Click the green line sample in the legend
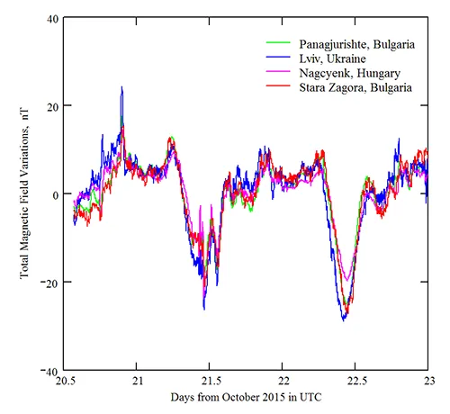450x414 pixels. coord(277,42)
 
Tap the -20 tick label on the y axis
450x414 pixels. coord(49,283)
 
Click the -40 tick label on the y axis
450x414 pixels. coord(49,370)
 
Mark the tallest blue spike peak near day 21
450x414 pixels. coord(121,87)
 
